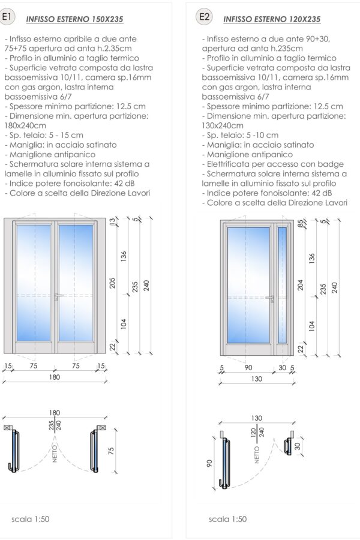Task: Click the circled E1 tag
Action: point(7,17)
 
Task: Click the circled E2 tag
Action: point(204,17)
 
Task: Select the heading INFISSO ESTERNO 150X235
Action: point(74,19)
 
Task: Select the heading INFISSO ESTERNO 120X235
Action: point(272,19)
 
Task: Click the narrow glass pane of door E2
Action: point(282,287)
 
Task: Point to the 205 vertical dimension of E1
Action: point(112,282)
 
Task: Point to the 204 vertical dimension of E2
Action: point(301,284)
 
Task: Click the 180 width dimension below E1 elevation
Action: point(55,377)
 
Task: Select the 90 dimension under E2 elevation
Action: point(249,368)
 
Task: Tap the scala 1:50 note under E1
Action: point(30,519)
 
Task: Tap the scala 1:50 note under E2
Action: point(227,519)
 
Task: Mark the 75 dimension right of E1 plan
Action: point(112,451)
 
